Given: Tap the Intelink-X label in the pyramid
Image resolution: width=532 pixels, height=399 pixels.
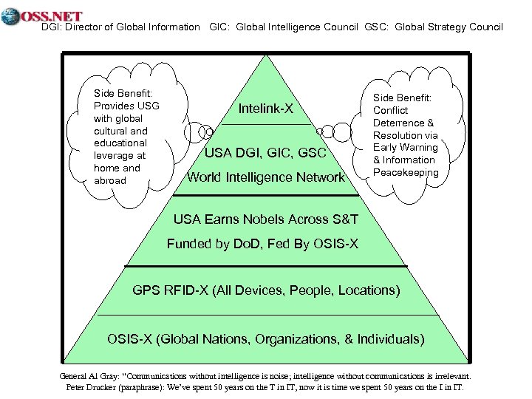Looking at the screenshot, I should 266,109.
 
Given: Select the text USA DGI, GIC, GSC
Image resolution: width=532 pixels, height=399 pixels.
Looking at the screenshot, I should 265,153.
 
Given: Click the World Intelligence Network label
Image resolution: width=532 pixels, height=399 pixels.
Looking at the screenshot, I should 266,177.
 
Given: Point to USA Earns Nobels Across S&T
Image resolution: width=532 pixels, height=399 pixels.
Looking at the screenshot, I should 266,219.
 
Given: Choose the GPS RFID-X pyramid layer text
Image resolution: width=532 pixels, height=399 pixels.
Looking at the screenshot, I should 266,290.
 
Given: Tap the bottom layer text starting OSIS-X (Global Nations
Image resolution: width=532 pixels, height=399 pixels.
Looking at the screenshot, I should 266,339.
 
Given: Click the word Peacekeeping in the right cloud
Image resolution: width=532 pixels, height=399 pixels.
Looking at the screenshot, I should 406,172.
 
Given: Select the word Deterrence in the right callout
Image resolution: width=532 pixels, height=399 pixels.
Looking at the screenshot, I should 399,123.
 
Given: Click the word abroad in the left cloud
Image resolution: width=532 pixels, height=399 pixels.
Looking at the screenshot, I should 110,180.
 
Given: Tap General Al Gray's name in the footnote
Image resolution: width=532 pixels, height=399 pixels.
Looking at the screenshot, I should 89,375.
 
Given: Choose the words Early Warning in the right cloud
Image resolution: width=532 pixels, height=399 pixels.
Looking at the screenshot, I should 404,148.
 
